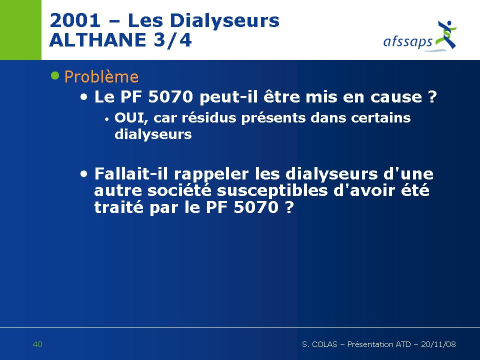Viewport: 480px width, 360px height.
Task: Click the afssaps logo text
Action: [407, 41]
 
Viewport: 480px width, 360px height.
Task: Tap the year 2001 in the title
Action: [75, 20]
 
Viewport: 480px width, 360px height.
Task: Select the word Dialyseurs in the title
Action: [224, 21]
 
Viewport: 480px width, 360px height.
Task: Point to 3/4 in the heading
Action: [172, 40]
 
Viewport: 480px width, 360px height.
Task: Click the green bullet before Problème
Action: [55, 75]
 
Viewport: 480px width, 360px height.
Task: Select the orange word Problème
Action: [101, 77]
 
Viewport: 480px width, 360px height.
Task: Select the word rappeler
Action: [211, 175]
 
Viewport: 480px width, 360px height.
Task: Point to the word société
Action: [179, 190]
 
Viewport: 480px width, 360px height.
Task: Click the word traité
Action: [119, 207]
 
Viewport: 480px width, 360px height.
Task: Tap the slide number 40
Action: [37, 344]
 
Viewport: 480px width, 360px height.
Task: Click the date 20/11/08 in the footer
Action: [438, 344]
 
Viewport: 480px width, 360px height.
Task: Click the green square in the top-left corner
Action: [20, 29]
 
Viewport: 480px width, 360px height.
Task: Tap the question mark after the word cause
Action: [431, 96]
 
